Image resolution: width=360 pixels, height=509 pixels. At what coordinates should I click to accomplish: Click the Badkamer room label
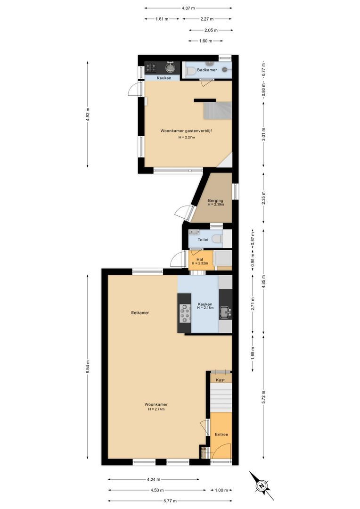207,70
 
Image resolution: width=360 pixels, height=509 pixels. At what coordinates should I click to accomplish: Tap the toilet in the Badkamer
191,71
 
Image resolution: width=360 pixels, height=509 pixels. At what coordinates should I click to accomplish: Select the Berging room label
215,201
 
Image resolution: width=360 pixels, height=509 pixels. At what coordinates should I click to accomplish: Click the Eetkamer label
140,312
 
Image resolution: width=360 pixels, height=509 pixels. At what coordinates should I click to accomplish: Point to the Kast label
220,380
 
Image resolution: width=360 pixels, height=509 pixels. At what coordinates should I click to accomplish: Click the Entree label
221,435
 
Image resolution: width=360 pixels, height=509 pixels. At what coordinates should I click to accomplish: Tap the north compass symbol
261,486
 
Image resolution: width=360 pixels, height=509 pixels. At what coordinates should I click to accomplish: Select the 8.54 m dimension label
88,366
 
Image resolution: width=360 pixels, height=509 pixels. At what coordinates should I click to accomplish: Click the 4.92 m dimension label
88,114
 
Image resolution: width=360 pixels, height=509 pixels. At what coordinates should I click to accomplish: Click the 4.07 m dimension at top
188,8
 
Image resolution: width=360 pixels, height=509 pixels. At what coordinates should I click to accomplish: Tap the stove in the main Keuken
185,313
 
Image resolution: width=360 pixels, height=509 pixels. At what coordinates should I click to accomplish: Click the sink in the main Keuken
226,311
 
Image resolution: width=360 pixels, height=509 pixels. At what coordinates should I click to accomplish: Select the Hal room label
200,259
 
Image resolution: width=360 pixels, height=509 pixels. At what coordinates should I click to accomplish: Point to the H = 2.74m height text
156,409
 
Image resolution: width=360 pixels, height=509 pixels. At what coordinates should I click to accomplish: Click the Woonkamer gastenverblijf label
186,131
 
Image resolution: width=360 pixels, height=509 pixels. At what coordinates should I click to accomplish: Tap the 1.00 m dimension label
221,490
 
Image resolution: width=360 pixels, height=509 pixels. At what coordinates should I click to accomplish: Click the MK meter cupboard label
204,449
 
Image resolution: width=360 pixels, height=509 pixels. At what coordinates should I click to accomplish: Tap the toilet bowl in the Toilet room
217,239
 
